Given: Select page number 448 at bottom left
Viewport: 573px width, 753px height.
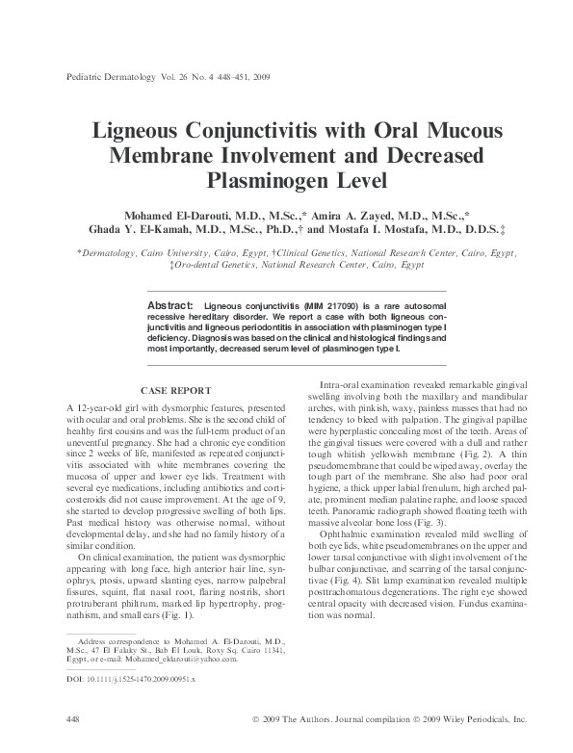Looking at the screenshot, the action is (70, 720).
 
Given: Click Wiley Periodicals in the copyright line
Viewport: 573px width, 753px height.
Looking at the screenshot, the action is (473, 720).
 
